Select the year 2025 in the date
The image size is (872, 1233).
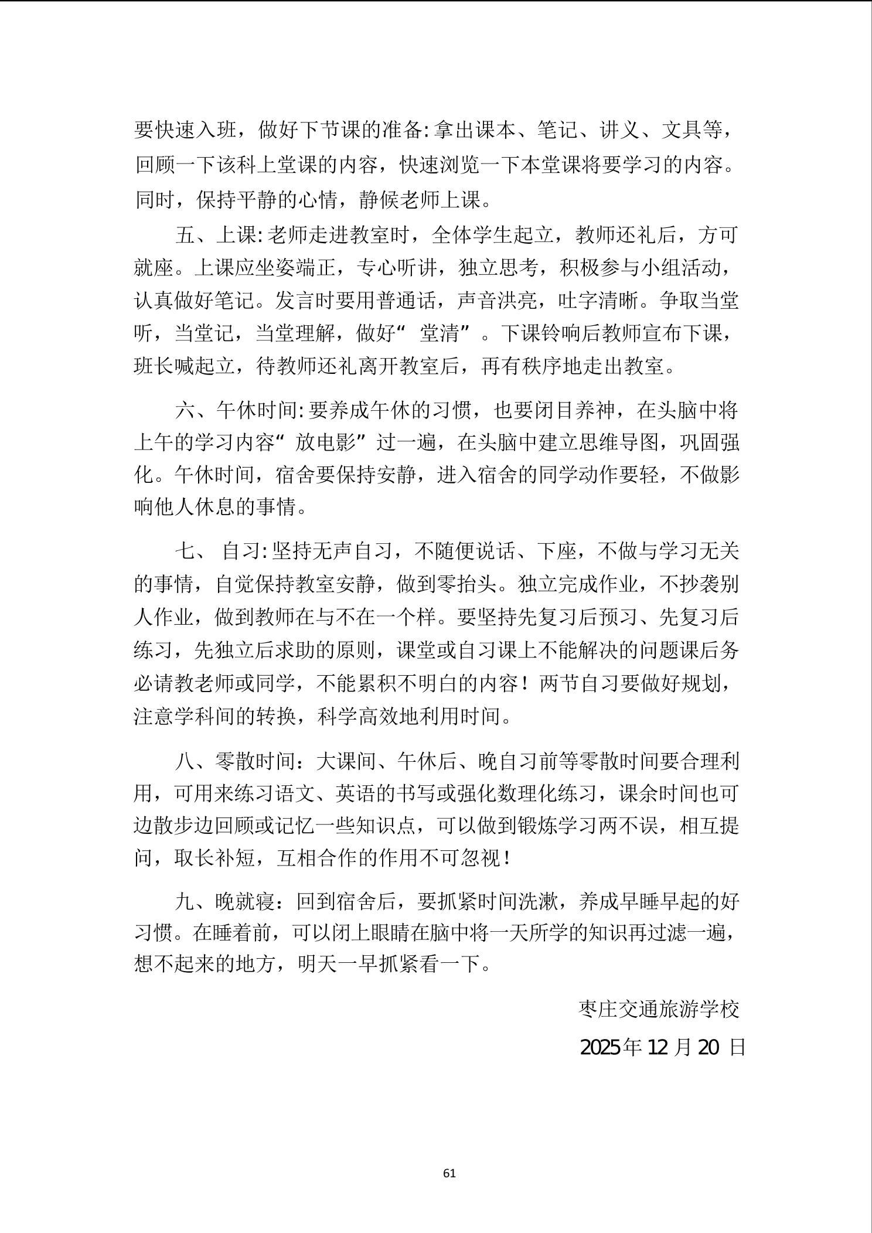point(601,1047)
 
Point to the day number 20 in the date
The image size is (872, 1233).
point(708,1047)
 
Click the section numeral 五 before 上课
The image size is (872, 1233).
point(185,236)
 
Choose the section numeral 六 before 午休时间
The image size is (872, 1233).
point(185,410)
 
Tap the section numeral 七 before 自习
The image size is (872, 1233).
point(185,551)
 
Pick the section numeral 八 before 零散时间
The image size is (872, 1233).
point(185,761)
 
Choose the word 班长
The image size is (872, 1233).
point(154,367)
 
